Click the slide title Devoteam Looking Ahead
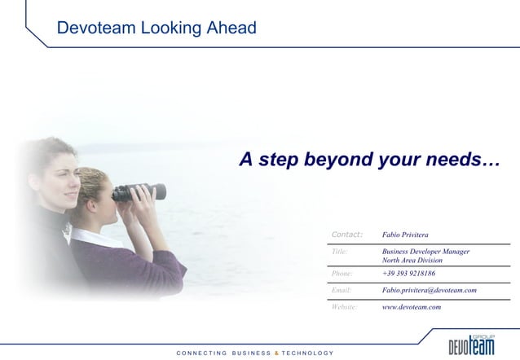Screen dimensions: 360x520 pos(156,29)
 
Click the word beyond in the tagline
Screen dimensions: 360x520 pos(337,160)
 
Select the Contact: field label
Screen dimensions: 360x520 pos(346,235)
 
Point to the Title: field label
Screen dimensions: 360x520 pos(340,252)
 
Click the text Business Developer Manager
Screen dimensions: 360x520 pos(425,252)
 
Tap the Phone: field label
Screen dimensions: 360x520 pos(342,274)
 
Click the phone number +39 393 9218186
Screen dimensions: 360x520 pos(408,274)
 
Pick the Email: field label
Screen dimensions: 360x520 pos(342,290)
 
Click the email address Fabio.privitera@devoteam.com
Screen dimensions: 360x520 pos(429,290)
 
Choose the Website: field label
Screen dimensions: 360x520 pos(345,307)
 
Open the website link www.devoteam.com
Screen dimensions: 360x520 pos(412,307)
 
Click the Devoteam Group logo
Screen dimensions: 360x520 pos(471,342)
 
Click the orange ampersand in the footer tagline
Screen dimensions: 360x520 pos(275,353)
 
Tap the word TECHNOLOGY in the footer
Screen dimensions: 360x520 pos(307,353)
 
